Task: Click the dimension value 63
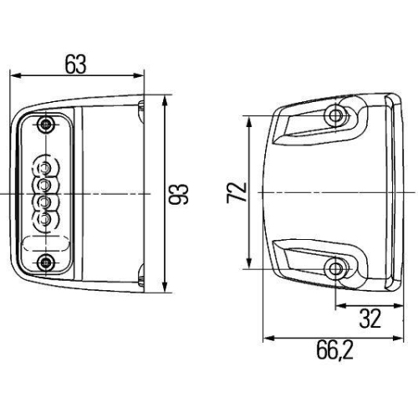[x=76, y=62]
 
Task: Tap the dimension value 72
[x=237, y=193]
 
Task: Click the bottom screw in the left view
[x=43, y=264]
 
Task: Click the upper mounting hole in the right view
[x=337, y=115]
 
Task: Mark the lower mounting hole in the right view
[x=337, y=269]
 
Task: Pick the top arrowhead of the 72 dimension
[x=248, y=120]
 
